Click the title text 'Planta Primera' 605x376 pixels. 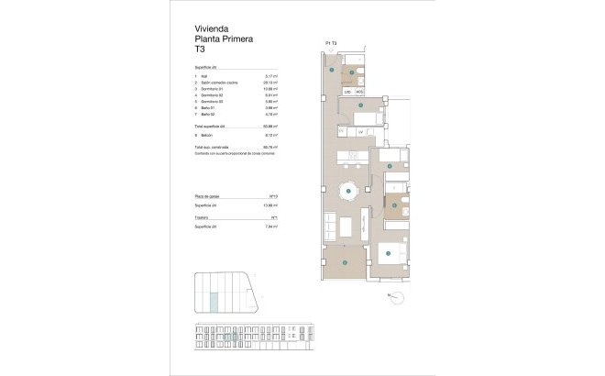click(x=224, y=39)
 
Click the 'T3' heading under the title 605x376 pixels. click(x=199, y=50)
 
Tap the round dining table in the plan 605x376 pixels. click(x=349, y=194)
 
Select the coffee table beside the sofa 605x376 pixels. click(x=346, y=227)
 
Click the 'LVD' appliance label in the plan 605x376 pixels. click(x=348, y=93)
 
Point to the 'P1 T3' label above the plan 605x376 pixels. click(x=331, y=43)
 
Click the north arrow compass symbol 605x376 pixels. click(x=395, y=295)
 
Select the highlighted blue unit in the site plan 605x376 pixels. click(x=215, y=299)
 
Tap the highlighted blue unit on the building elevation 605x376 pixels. click(x=235, y=337)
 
